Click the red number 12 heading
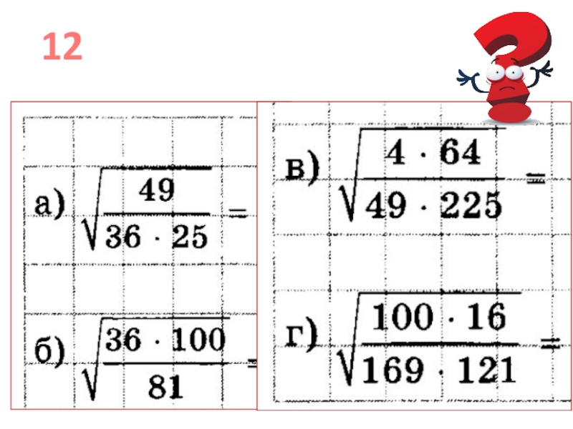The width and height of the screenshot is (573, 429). click(62, 48)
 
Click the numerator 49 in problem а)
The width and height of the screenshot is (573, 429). click(157, 190)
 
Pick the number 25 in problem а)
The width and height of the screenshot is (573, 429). click(188, 237)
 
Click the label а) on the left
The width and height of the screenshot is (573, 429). click(51, 205)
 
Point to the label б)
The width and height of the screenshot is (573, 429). click(51, 352)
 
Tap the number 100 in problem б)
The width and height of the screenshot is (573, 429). click(198, 340)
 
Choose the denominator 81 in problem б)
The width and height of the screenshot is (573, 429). click(165, 386)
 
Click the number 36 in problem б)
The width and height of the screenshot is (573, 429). click(123, 340)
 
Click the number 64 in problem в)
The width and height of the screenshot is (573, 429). click(461, 153)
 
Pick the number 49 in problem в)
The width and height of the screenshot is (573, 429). click(380, 207)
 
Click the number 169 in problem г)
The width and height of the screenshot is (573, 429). click(387, 370)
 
